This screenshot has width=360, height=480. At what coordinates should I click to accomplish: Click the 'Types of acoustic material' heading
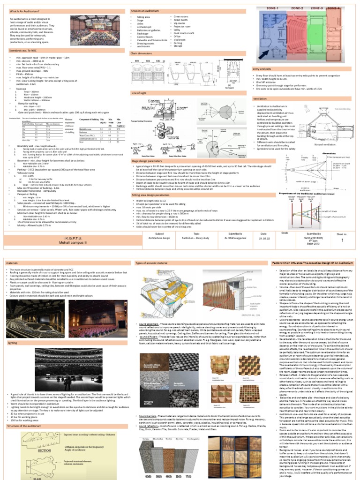pos(153,263)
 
